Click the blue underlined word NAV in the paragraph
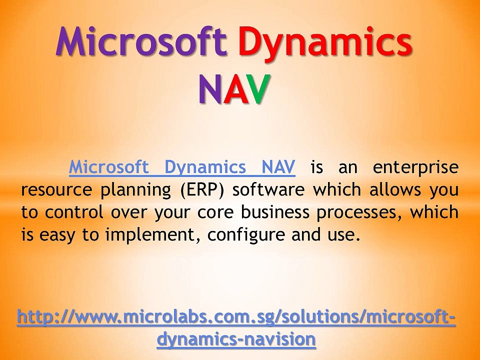click(x=277, y=167)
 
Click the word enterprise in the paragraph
click(x=415, y=167)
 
